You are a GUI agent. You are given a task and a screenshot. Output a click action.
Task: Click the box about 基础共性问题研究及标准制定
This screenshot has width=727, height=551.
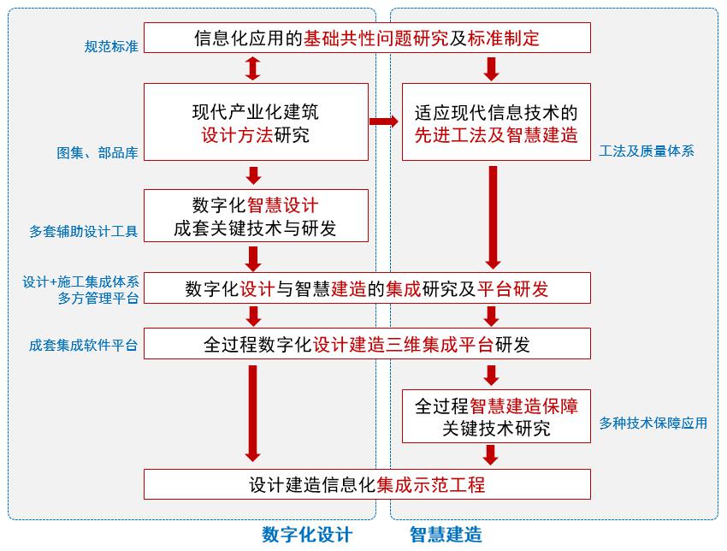click(367, 38)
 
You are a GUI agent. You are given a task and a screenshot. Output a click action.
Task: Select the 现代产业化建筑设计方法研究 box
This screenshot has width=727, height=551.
click(256, 121)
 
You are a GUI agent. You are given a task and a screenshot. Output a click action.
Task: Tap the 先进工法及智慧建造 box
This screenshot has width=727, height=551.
click(496, 121)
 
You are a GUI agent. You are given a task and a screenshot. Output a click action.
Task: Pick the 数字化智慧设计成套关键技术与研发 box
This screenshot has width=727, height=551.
click(256, 216)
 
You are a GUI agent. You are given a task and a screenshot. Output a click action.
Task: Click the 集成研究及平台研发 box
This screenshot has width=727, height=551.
click(367, 288)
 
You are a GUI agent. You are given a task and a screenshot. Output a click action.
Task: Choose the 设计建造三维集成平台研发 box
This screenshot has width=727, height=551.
click(367, 344)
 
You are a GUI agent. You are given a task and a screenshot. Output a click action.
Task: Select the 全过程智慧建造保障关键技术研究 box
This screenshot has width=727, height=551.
click(496, 416)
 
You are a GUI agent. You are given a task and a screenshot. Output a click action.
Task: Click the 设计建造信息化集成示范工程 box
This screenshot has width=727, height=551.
click(367, 484)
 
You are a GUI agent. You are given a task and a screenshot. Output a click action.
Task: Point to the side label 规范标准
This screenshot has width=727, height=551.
click(111, 46)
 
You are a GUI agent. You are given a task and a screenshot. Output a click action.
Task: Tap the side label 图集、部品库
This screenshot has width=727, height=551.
click(98, 153)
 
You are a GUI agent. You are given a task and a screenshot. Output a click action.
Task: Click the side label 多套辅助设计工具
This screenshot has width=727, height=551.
click(84, 231)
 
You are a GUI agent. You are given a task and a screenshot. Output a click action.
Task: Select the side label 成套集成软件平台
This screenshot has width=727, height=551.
click(84, 346)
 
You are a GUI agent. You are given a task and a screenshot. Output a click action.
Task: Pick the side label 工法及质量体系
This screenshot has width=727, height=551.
click(647, 151)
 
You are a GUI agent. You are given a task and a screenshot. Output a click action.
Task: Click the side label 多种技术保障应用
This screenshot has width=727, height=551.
click(653, 423)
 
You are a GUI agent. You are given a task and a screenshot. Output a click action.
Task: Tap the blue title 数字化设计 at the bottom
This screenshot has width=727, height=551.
click(307, 535)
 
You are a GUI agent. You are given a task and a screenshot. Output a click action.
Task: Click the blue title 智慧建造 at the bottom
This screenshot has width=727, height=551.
click(446, 535)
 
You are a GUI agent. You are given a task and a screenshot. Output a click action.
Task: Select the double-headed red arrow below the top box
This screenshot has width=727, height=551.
click(253, 68)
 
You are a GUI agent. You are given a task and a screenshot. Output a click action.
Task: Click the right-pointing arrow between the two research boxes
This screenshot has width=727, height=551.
click(384, 121)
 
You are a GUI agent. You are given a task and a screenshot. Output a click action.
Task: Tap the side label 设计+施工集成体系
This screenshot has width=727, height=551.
click(81, 281)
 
